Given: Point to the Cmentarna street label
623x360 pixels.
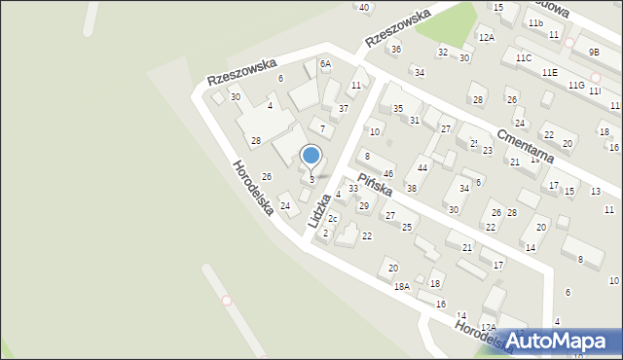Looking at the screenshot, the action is pos(525,146).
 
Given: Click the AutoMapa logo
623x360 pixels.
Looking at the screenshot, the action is pos(562,340).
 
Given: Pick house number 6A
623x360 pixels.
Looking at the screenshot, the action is pos(325,63).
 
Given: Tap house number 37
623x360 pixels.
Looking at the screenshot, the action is pos(343,108).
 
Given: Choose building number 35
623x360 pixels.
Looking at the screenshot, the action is pos(397,108).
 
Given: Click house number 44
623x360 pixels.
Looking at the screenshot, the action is pos(421,168).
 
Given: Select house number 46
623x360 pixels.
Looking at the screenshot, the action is pos(387,173).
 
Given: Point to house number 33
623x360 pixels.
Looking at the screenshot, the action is pos(352,189).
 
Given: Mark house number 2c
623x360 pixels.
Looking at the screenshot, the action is pos(332,218).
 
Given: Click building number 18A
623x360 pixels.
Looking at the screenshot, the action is pos(401,286).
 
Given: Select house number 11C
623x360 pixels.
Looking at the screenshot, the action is pos(524,58).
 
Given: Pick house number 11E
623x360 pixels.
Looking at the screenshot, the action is pos(550,72).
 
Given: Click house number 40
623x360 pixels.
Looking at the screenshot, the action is pos(364,7).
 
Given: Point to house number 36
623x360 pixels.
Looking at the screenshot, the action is pos(394,49).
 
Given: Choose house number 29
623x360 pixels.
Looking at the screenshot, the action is pos(363,205).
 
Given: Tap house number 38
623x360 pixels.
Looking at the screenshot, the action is pos(411,188).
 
